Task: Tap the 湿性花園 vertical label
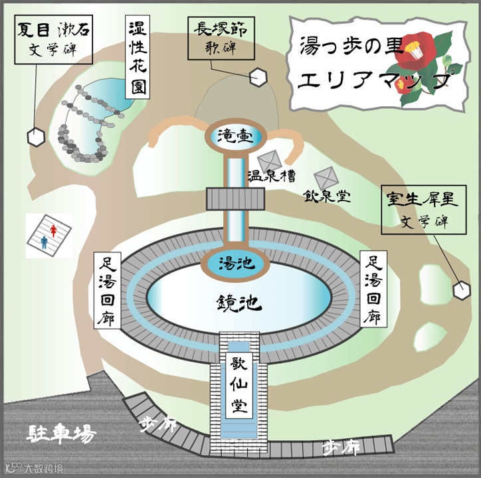click(139, 57)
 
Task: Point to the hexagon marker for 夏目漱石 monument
click(35, 137)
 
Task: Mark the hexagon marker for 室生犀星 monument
click(460, 290)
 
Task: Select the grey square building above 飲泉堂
click(327, 178)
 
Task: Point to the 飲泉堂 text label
click(327, 197)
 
